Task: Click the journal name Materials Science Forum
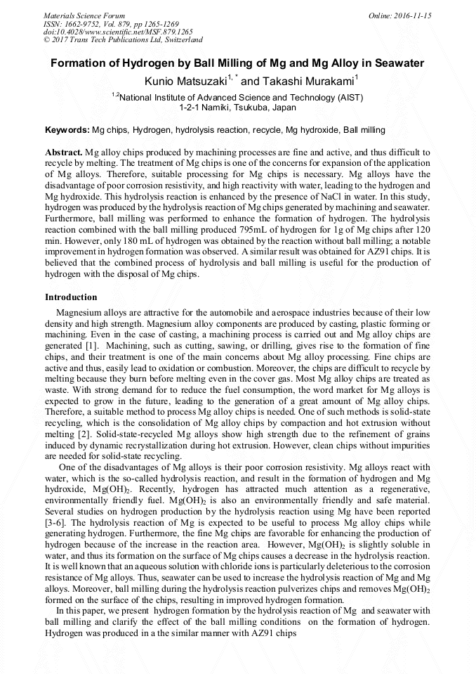(x=84, y=15)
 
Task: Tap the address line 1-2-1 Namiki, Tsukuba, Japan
(x=237, y=108)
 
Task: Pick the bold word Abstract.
(x=63, y=153)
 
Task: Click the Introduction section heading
(x=71, y=297)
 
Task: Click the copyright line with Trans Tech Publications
(x=123, y=41)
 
